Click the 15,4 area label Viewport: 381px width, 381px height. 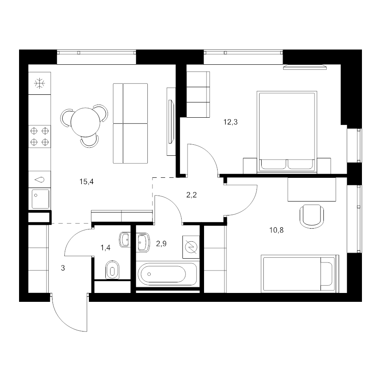(86, 182)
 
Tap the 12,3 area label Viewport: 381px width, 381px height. (230, 122)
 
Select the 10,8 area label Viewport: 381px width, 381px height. (276, 230)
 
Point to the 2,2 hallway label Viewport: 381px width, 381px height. (191, 195)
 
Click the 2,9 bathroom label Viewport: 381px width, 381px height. (161, 243)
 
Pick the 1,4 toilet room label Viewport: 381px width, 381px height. (105, 248)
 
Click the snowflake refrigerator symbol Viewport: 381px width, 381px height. (39, 83)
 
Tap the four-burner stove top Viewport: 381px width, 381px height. (40, 136)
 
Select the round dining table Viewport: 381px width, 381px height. (85, 122)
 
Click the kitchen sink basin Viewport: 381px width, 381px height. (40, 199)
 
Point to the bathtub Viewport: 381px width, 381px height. (167, 274)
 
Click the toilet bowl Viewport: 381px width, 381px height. (112, 270)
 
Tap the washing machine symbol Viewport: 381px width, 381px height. (191, 247)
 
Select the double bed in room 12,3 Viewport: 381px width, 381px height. (287, 132)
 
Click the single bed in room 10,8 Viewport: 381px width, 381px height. (300, 273)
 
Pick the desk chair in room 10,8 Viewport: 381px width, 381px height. (312, 216)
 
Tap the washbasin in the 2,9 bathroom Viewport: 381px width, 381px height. (144, 242)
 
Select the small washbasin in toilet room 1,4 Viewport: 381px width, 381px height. (125, 240)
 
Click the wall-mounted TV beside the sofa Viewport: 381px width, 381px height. (171, 121)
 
